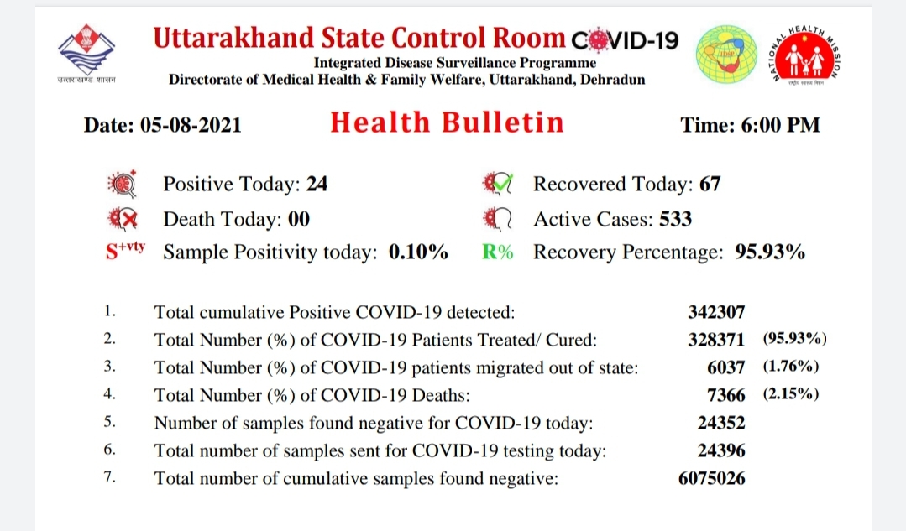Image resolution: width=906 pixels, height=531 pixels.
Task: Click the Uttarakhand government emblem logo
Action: (x=86, y=51)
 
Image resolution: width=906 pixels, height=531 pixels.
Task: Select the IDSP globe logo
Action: (x=726, y=55)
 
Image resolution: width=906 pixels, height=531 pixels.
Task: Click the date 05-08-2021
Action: (x=191, y=125)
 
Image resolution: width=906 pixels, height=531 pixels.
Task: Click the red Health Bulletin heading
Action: (x=447, y=122)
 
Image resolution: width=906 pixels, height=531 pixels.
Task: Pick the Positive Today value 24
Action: (x=317, y=184)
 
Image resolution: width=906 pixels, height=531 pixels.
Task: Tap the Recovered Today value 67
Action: (x=710, y=184)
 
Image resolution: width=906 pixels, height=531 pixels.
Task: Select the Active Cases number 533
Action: (x=675, y=219)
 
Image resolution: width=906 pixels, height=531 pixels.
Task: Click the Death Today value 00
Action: (x=299, y=219)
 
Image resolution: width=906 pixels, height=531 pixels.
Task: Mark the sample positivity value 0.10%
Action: (x=418, y=252)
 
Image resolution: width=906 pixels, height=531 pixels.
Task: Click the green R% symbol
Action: (x=497, y=252)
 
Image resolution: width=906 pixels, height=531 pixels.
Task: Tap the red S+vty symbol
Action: (x=125, y=251)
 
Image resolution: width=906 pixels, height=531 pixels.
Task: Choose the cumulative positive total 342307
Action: (x=716, y=312)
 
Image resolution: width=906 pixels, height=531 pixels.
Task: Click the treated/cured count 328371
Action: (x=716, y=340)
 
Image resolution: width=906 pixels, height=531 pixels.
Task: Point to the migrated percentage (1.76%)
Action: (x=791, y=367)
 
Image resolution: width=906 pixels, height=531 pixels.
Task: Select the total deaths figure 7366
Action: (x=726, y=395)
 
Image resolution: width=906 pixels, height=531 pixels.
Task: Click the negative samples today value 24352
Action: (x=721, y=423)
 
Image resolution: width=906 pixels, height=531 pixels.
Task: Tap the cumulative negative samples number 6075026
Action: (x=712, y=478)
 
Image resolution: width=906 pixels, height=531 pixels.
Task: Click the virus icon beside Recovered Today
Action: (x=497, y=184)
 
